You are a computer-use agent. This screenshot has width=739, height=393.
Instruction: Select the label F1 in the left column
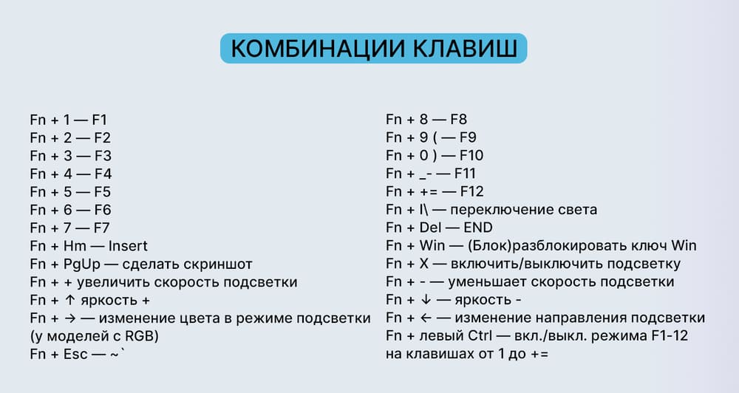(x=101, y=119)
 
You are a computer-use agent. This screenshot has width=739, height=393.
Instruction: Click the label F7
(x=101, y=228)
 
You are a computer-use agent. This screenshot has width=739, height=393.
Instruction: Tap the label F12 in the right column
(x=470, y=191)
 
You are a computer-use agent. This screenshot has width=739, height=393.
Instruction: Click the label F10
(x=471, y=155)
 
